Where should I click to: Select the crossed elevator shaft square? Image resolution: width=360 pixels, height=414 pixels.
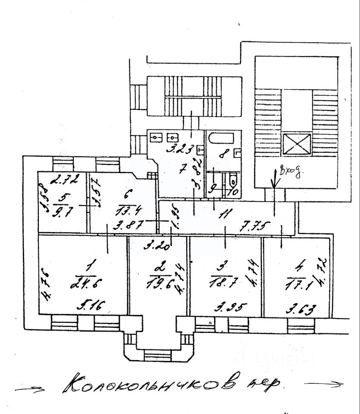pos(296,144)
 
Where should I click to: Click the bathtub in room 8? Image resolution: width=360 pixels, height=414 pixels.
pos(221,140)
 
